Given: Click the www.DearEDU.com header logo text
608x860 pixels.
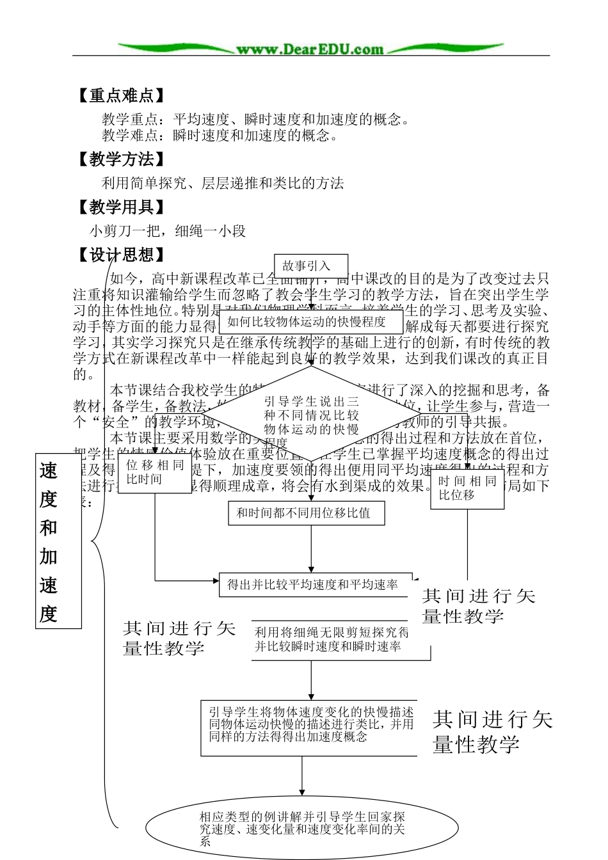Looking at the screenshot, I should [310, 49].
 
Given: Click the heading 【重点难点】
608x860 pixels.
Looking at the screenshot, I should [121, 96].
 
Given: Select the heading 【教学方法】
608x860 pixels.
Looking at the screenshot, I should [121, 159].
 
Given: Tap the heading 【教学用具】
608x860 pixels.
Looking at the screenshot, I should [121, 207].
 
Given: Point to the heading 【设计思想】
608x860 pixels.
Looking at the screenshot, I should [121, 255].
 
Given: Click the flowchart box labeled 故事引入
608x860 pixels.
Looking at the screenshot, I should [310, 266].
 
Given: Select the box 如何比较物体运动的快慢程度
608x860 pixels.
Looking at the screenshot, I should [310, 322].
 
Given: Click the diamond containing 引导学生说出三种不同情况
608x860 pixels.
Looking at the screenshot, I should [311, 415].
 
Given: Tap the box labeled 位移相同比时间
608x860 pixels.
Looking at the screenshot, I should [155, 472].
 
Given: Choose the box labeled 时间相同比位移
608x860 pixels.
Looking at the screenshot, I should [467, 488].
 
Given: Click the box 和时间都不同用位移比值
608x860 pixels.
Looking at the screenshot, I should [307, 513].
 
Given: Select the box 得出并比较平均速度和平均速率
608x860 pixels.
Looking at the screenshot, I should [314, 584].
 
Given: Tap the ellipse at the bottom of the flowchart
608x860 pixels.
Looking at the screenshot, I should [302, 828].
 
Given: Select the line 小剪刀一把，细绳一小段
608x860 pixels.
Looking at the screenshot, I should [168, 231].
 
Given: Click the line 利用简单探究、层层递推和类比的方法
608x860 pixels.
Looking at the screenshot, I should [223, 183].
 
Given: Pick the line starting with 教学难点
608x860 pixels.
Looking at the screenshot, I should [220, 135].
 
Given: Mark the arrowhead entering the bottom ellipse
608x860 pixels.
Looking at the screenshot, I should [302, 793].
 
